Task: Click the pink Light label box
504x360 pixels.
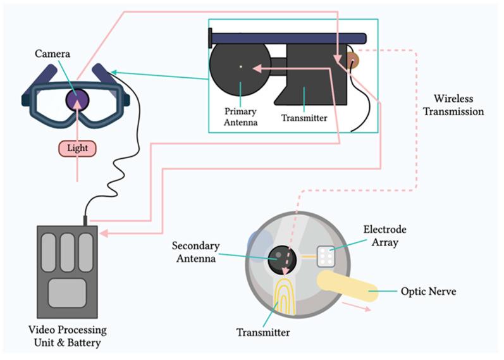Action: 78,148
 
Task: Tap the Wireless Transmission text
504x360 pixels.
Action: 458,105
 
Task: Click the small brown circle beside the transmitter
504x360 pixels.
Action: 351,61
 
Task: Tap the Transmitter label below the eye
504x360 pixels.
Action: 263,332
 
